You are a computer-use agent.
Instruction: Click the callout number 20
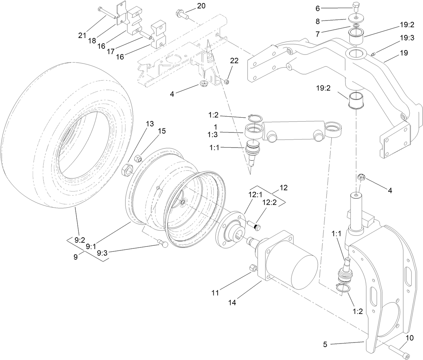coord(201,6)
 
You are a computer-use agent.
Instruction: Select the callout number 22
coord(234,61)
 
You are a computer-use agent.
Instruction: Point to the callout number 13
coord(150,124)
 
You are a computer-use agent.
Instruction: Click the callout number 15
coord(162,131)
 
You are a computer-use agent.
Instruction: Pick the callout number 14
coord(233,302)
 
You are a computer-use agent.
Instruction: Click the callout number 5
coord(325,344)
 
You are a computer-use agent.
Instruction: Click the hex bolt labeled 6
coord(357,6)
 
